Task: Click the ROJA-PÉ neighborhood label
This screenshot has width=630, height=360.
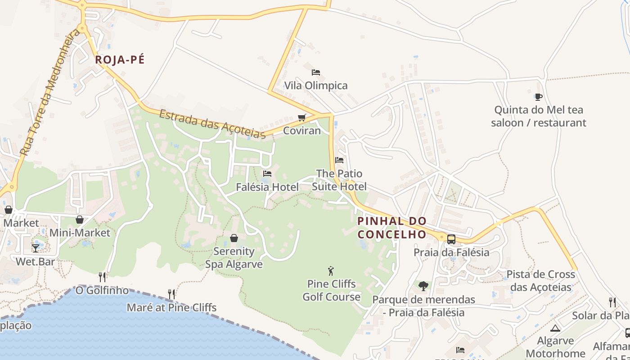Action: click(120, 60)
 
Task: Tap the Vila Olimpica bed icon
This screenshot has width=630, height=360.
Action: click(316, 72)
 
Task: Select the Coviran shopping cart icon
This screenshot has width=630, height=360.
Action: click(301, 118)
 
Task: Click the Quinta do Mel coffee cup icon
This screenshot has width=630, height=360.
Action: click(538, 97)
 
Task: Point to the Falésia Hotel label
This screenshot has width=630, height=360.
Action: click(267, 187)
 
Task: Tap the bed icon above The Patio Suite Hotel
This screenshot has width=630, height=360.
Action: click(339, 160)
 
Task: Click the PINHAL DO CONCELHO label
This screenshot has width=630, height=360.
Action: click(391, 228)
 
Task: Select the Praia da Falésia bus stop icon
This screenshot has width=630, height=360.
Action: click(451, 239)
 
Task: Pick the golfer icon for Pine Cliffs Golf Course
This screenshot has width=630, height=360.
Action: click(331, 271)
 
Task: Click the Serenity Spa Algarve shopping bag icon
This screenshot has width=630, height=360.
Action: click(234, 238)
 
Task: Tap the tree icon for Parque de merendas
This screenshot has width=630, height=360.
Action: click(423, 286)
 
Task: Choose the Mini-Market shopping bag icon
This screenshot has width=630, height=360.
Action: click(80, 220)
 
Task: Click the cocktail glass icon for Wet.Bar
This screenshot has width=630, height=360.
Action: click(36, 248)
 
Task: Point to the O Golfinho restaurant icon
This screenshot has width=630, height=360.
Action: click(102, 277)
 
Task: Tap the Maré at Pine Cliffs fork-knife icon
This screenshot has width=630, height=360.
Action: click(171, 294)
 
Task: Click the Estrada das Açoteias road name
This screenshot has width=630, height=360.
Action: click(212, 124)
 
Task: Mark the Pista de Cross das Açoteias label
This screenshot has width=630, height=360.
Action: click(541, 281)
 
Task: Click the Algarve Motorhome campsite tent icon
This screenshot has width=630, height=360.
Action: click(555, 328)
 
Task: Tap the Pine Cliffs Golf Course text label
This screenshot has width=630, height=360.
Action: click(331, 290)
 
